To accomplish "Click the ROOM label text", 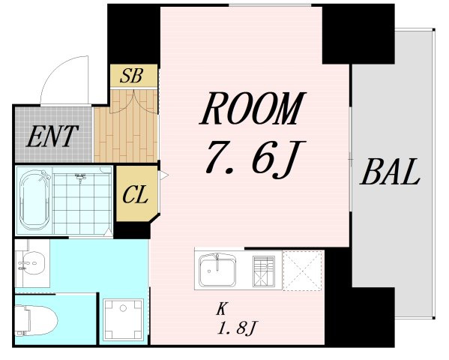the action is click(x=253, y=108).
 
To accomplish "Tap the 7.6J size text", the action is click(x=256, y=158).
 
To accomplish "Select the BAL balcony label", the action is click(x=390, y=172).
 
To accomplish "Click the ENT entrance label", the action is click(x=52, y=136).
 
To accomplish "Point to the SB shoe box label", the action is click(x=131, y=76).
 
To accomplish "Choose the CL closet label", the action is click(x=135, y=194).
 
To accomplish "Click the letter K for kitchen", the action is click(x=221, y=309).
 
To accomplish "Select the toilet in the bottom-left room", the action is click(x=36, y=320).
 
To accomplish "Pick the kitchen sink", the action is click(x=217, y=269).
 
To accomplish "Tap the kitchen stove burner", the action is click(x=263, y=271).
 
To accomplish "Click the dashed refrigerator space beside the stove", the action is click(x=304, y=271).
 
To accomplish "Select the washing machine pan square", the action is click(x=123, y=319).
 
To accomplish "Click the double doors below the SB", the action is click(x=134, y=101).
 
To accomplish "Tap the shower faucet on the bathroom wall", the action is click(x=80, y=176).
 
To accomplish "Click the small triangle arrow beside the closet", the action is click(x=164, y=175).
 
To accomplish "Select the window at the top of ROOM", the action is click(x=270, y=4).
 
